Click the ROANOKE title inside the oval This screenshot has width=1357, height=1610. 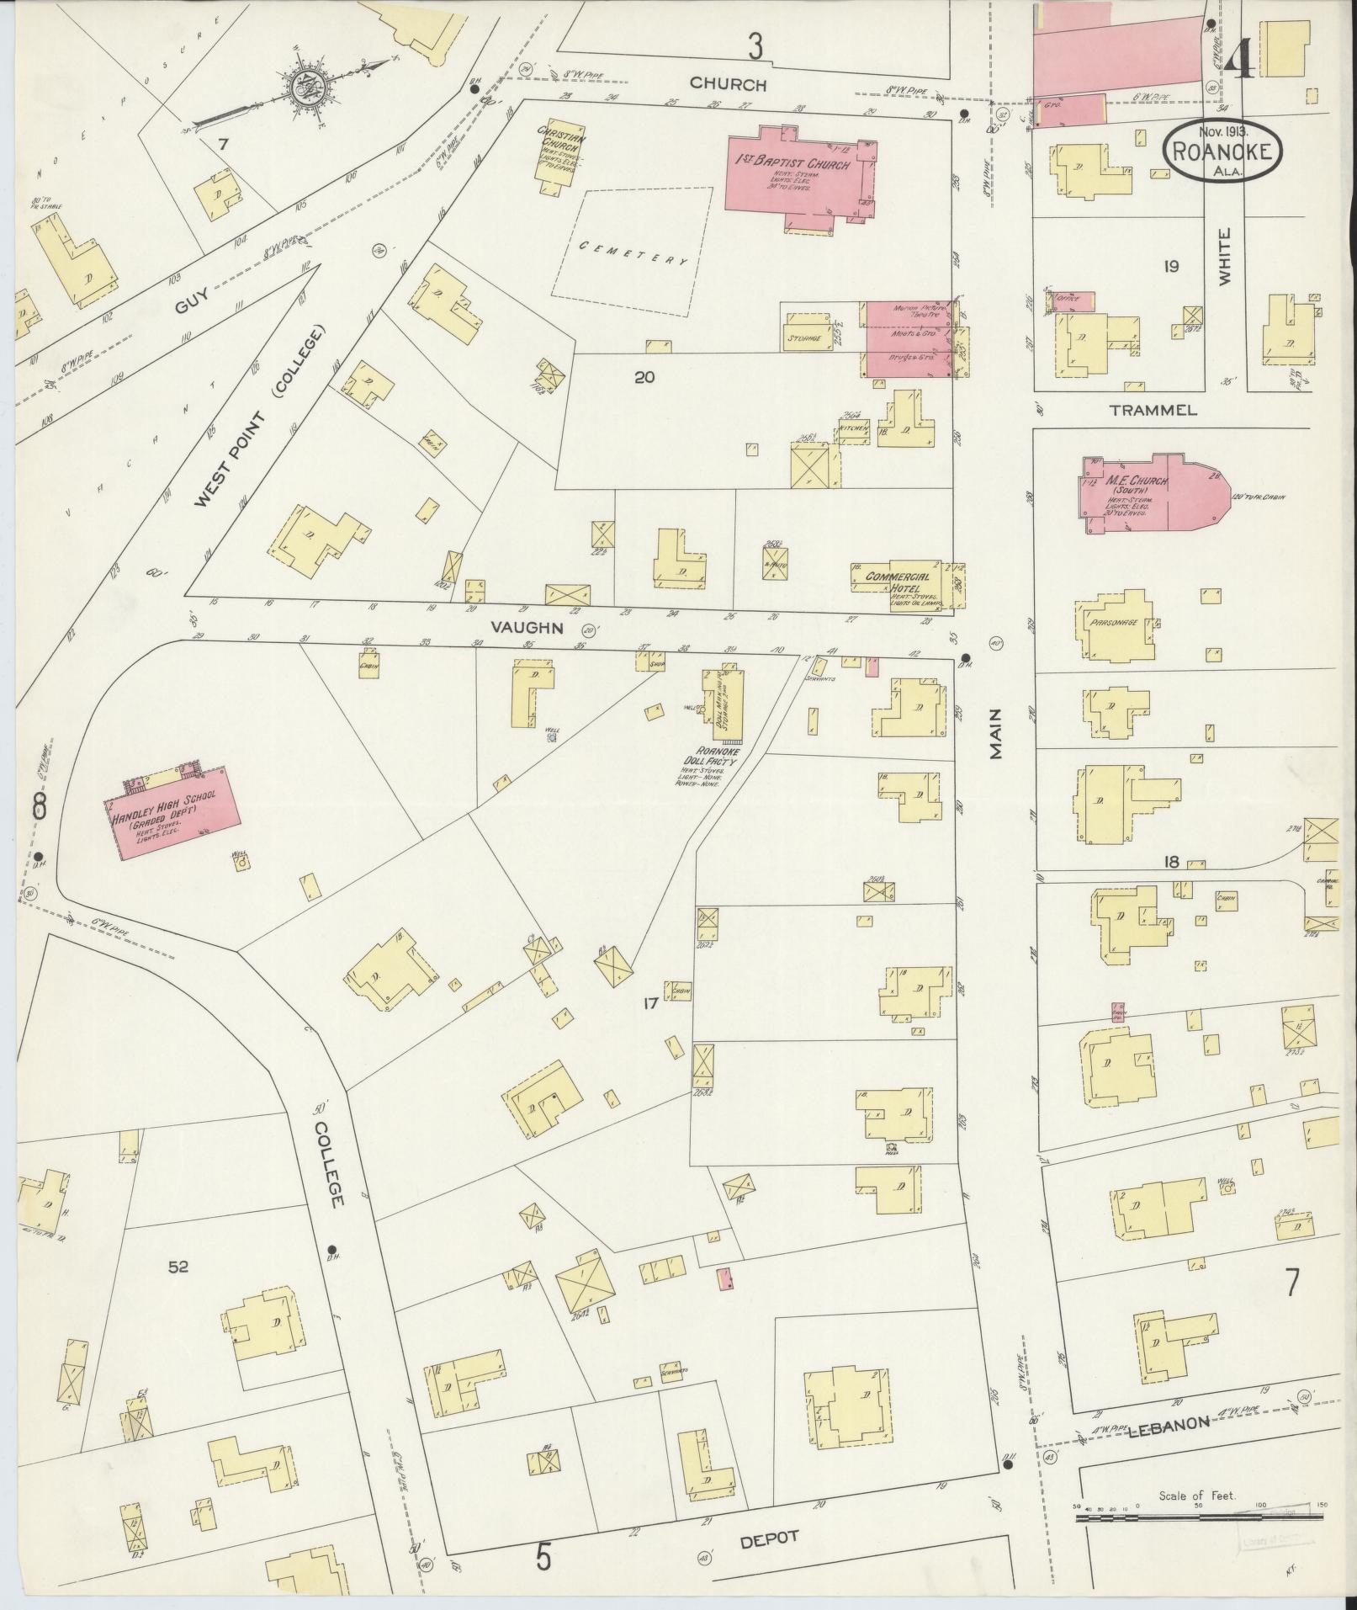point(1224,153)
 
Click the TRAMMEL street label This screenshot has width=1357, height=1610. point(1152,411)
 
